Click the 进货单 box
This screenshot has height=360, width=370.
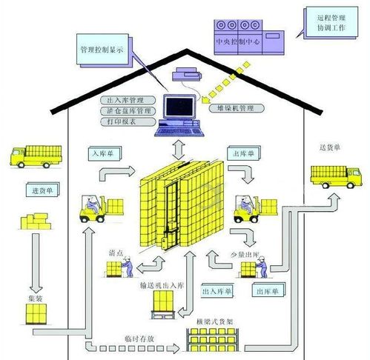coord(42,190)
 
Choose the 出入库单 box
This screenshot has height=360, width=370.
coord(218,291)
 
